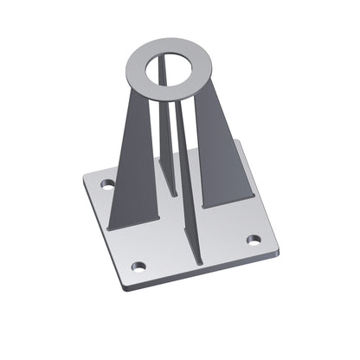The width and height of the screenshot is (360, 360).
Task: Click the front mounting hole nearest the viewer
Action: tap(138, 266)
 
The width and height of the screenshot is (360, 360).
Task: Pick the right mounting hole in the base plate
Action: tap(254, 240)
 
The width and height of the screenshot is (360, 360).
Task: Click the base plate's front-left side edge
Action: tap(106, 234)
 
